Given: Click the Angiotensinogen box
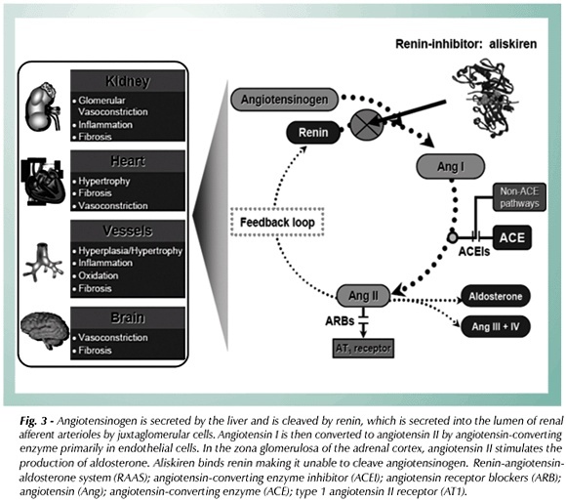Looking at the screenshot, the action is click(x=284, y=100).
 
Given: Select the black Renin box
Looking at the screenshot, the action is click(x=313, y=133).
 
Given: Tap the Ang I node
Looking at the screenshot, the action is click(x=451, y=166).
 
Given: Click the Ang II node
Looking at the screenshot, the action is click(x=363, y=295).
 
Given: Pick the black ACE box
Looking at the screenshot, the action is click(x=512, y=237).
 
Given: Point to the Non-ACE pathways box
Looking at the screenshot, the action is click(x=519, y=197).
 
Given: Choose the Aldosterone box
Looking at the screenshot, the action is click(x=496, y=296).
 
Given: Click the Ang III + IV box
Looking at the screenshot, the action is click(x=496, y=326).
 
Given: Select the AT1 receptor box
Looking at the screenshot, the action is click(x=363, y=348).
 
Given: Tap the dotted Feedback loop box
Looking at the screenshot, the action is click(x=277, y=222).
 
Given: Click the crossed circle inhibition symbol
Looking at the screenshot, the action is click(x=366, y=125).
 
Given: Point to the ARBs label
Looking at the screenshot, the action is click(x=340, y=320).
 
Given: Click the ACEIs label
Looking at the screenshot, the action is click(x=474, y=251).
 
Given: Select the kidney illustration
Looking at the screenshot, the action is click(x=43, y=106).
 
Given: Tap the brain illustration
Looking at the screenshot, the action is click(x=44, y=330).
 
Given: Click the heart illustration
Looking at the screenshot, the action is click(x=43, y=182).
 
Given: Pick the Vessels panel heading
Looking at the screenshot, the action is click(x=128, y=230).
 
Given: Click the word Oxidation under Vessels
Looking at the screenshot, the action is click(x=99, y=275).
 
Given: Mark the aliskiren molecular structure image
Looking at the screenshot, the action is click(x=486, y=99).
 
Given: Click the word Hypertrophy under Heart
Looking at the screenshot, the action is click(x=104, y=181).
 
